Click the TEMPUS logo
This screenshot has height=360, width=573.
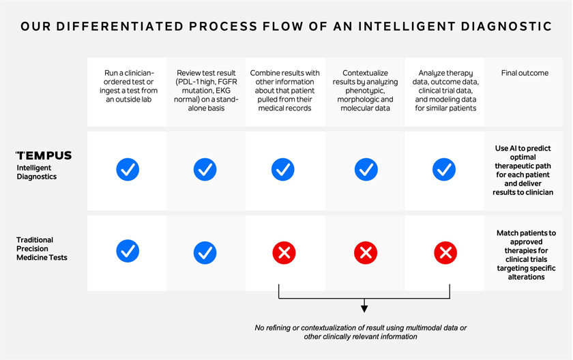44,155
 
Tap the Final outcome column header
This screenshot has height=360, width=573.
525,73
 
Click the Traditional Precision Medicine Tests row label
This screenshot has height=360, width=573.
42,249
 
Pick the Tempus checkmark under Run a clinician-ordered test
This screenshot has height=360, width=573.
128,169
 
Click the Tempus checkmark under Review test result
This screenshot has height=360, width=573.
205,169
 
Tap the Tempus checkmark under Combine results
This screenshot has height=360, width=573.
283,169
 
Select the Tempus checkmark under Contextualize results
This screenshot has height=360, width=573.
366,169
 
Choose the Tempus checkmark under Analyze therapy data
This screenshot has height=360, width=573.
444,169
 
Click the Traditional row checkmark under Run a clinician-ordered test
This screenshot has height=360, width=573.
128,251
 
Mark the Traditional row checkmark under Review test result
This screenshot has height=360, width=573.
205,253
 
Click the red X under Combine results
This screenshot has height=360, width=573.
284,253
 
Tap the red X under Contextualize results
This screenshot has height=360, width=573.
366,253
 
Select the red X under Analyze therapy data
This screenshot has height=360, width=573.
445,253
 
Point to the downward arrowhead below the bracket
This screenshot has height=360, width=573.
364,309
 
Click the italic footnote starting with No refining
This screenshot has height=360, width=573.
361,332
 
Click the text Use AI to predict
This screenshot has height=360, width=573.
523,148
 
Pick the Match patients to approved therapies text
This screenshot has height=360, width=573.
526,255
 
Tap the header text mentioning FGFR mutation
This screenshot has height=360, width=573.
206,91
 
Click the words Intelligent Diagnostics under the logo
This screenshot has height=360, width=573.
37,172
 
